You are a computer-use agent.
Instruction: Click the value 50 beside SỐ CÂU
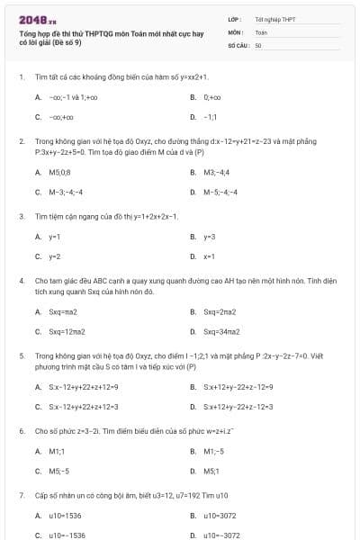258,44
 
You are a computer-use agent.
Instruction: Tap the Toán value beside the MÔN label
261,31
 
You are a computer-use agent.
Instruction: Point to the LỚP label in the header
234,19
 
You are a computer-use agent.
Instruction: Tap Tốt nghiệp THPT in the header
274,19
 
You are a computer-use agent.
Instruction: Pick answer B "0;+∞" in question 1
212,96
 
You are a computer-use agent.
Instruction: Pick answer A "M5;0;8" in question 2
59,171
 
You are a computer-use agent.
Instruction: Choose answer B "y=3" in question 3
210,237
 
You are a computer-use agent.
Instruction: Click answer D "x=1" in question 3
209,256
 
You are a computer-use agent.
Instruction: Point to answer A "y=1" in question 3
54,237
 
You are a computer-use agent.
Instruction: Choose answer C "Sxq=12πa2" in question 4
67,332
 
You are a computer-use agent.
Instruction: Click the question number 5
21,356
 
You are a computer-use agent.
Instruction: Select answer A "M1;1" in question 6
57,451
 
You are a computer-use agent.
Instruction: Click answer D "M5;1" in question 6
211,471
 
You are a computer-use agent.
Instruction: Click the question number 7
21,496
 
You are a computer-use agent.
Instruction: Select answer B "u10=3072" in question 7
220,516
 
